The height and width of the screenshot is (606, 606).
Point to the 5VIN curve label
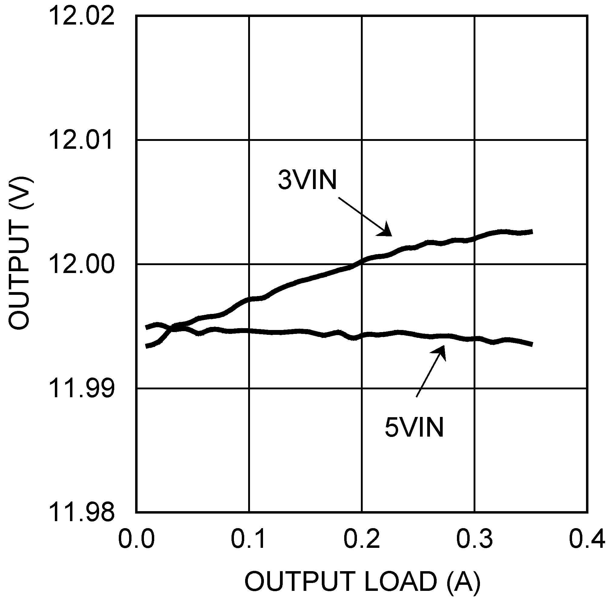[x=414, y=427]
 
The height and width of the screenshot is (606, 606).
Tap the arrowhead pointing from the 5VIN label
[x=442, y=351]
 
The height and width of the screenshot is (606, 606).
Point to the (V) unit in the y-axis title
[x=19, y=193]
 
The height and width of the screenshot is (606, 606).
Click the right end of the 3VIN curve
[x=531, y=232]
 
